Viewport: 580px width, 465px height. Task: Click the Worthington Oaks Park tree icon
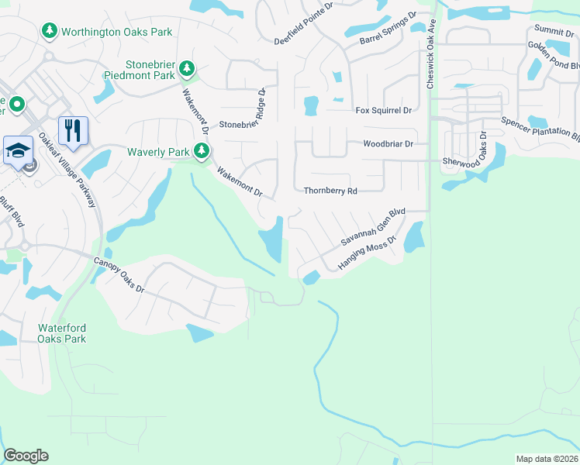(49, 30)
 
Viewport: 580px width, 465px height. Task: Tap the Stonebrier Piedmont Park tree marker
(186, 69)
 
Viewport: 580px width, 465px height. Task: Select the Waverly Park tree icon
(202, 151)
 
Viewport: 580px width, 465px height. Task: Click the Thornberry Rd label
(330, 191)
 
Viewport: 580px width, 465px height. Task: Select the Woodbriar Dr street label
(388, 144)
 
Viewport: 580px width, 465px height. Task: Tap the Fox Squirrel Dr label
(382, 111)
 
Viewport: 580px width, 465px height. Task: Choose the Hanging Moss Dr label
(366, 253)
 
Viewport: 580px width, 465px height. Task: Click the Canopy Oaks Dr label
(119, 274)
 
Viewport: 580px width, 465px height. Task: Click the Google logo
(26, 456)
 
